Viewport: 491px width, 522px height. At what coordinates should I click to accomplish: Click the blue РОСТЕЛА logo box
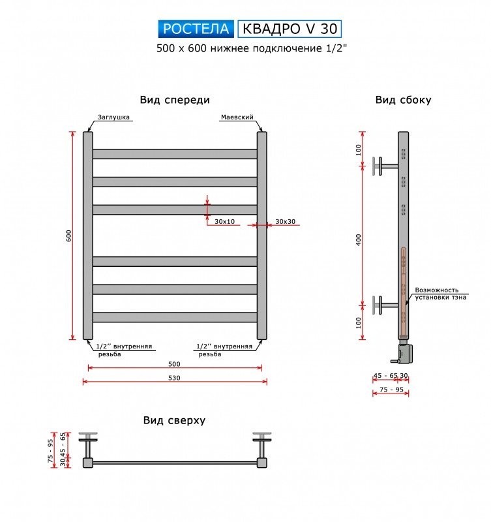pos(196,29)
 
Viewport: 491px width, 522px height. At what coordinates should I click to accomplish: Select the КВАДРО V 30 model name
pos(290,29)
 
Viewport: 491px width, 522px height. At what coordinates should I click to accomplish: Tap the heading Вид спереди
pos(175,100)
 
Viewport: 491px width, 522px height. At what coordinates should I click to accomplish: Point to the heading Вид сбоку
pos(403,100)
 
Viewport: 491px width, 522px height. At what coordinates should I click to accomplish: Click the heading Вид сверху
pos(174,420)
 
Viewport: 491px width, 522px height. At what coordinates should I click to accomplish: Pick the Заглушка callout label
pos(113,117)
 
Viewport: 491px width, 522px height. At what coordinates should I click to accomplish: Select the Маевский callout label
pos(237,117)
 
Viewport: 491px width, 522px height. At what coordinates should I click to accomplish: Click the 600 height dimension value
pos(69,236)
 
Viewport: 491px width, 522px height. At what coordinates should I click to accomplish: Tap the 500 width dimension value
pos(174,364)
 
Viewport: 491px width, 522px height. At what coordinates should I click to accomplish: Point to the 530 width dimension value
pos(174,378)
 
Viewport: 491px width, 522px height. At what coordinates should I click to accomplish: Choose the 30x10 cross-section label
pos(224,221)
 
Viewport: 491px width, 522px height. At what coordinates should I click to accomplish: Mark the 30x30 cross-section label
pos(286,221)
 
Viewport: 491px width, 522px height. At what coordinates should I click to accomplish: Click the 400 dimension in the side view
pos(358,239)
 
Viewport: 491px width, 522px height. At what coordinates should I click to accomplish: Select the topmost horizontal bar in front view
pos(175,154)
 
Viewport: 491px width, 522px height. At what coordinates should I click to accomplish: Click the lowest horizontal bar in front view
pos(175,317)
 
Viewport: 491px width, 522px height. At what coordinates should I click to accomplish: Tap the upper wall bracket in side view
pos(385,166)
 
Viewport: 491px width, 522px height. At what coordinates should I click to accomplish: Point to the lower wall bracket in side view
pos(385,305)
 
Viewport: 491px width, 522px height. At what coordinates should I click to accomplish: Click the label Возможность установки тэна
pos(440,294)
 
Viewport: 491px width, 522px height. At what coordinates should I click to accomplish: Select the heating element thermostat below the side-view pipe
pos(403,352)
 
